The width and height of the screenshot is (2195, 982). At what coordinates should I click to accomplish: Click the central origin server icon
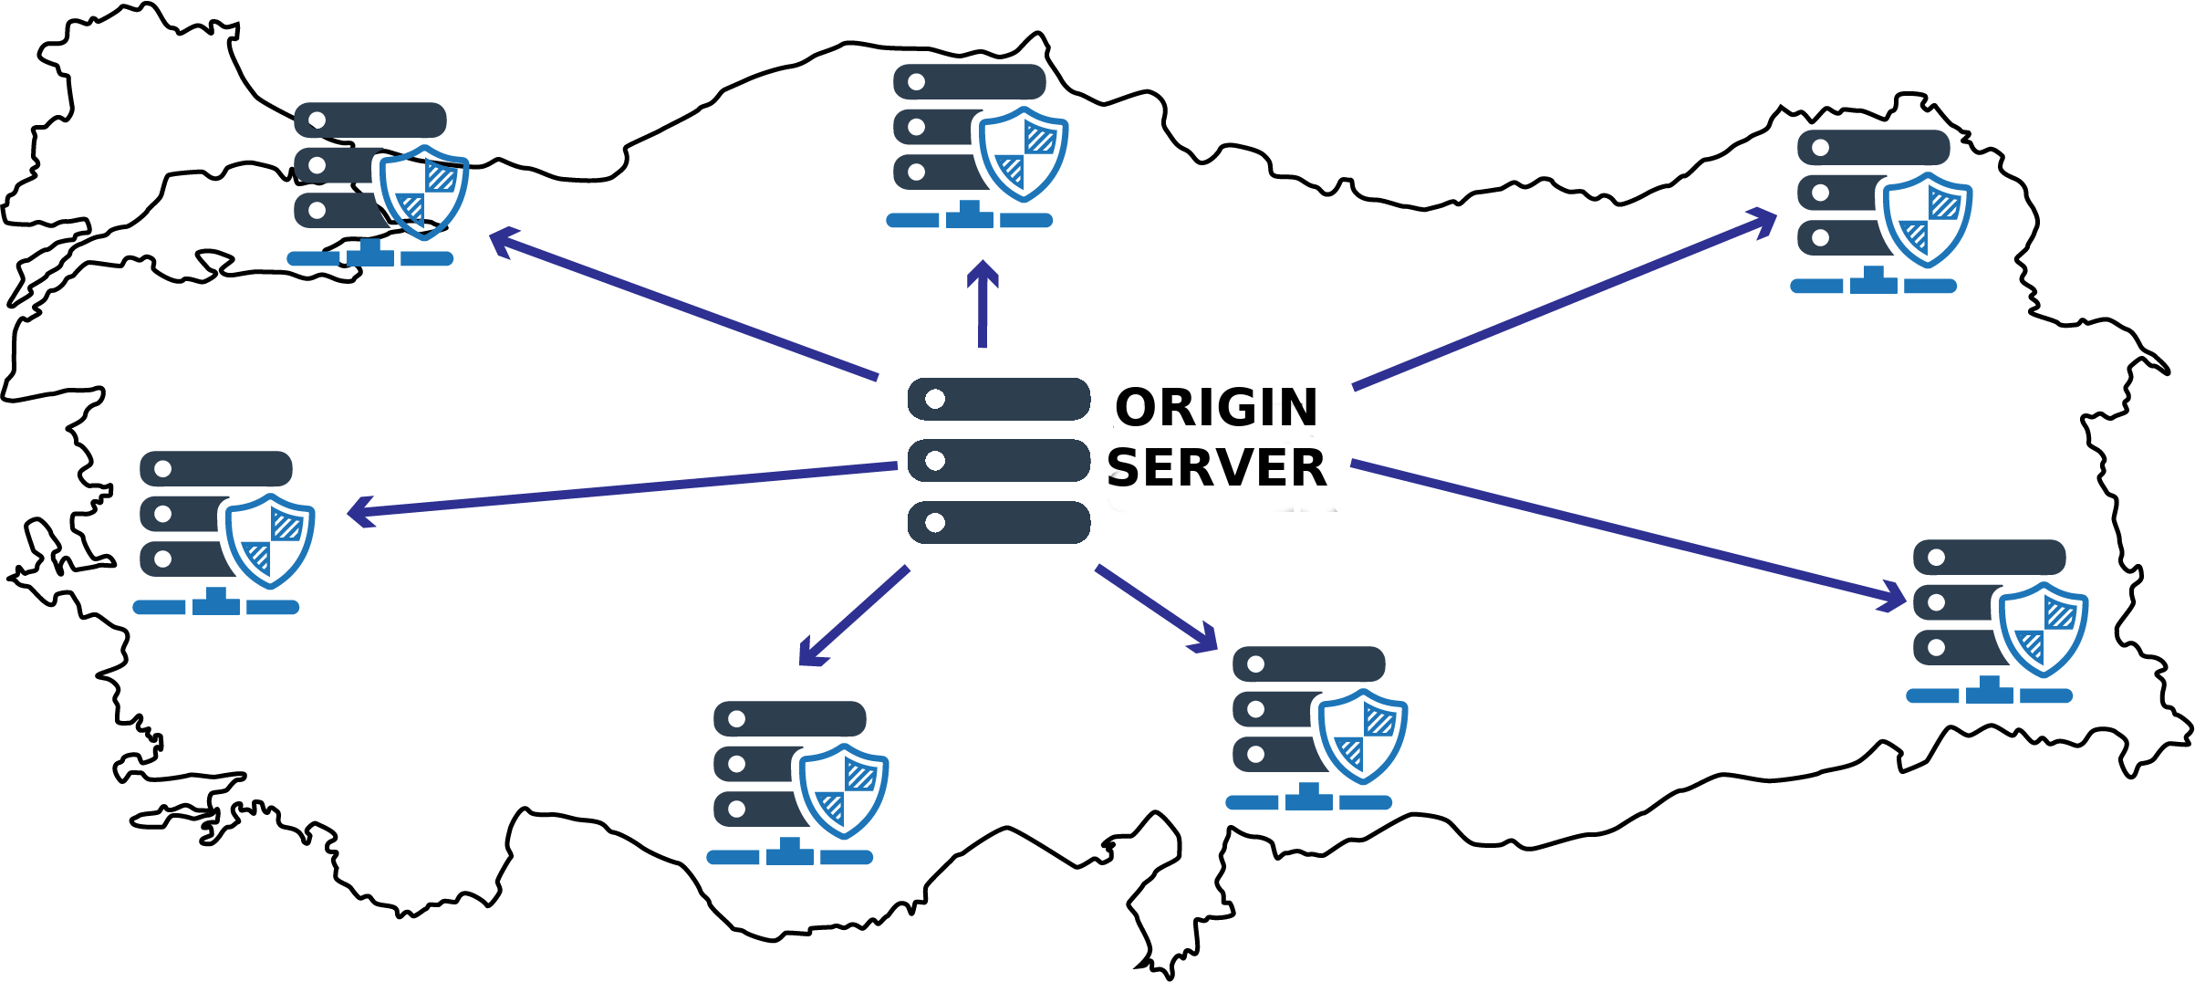tap(998, 461)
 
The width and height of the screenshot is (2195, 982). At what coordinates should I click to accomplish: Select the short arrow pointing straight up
tap(983, 306)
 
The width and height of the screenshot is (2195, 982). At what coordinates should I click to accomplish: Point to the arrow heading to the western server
tap(620, 489)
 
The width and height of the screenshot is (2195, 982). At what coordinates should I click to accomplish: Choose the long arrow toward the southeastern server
tap(1628, 533)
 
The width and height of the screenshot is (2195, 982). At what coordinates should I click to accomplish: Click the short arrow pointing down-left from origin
tap(853, 617)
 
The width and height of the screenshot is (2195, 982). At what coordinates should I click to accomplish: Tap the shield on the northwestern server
tap(423, 191)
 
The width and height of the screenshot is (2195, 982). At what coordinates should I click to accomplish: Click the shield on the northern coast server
tap(1023, 152)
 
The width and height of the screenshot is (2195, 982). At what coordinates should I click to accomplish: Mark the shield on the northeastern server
tap(1927, 218)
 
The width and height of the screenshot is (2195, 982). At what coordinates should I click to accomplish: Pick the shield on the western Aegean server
tap(270, 539)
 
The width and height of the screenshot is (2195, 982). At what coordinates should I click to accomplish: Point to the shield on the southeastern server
tap(2043, 629)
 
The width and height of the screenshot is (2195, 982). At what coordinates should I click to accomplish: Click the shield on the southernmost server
tap(844, 789)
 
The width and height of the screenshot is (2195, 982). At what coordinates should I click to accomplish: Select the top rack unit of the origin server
tap(998, 399)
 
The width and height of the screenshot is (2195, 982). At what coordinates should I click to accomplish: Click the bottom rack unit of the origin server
tap(998, 522)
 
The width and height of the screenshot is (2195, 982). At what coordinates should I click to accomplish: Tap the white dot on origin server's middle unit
tap(934, 461)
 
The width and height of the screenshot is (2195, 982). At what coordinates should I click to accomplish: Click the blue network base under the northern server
tap(969, 219)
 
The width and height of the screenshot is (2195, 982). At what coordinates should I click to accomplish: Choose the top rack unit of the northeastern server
tap(1873, 147)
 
